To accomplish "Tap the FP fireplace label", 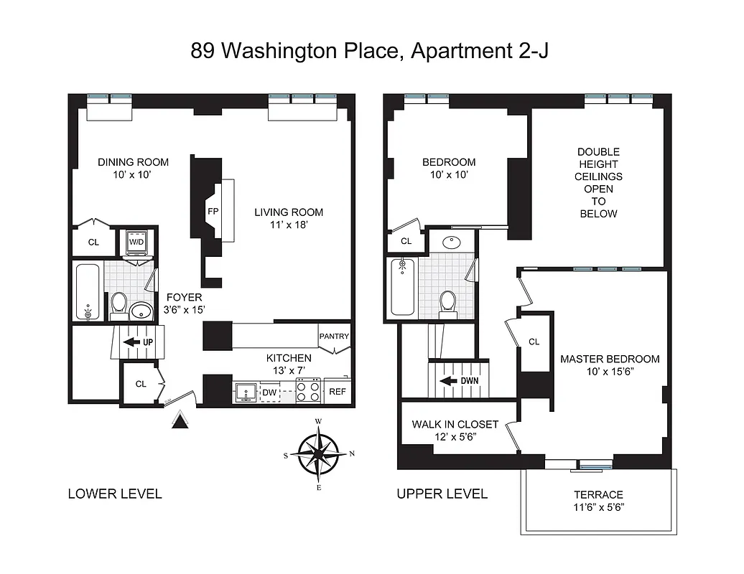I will [213, 212].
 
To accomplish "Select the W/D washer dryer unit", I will [136, 243].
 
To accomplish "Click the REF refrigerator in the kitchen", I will [336, 392].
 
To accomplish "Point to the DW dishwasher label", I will [269, 392].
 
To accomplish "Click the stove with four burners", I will [309, 392].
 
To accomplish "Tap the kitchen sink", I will [245, 392].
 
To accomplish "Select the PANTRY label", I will [334, 336].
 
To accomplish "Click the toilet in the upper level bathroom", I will [448, 301].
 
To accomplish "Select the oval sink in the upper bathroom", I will [453, 242].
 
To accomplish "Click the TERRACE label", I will [598, 494].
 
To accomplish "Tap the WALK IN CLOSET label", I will [455, 424].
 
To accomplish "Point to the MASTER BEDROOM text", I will [610, 359].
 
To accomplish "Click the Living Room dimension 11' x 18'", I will [288, 226].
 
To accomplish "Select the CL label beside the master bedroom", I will [534, 342].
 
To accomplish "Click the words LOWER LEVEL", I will [114, 494].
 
